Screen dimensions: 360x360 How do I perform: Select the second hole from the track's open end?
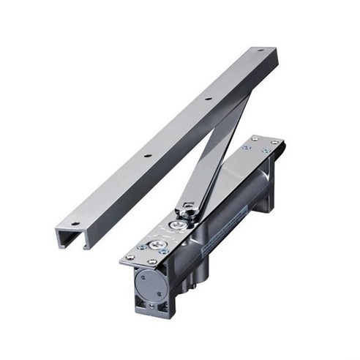(x=146, y=155)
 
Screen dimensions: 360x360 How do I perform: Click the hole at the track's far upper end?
(x=260, y=52)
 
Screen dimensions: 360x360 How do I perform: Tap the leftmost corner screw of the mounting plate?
(x=129, y=257)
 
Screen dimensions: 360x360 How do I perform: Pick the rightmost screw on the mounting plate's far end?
(x=274, y=142)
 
